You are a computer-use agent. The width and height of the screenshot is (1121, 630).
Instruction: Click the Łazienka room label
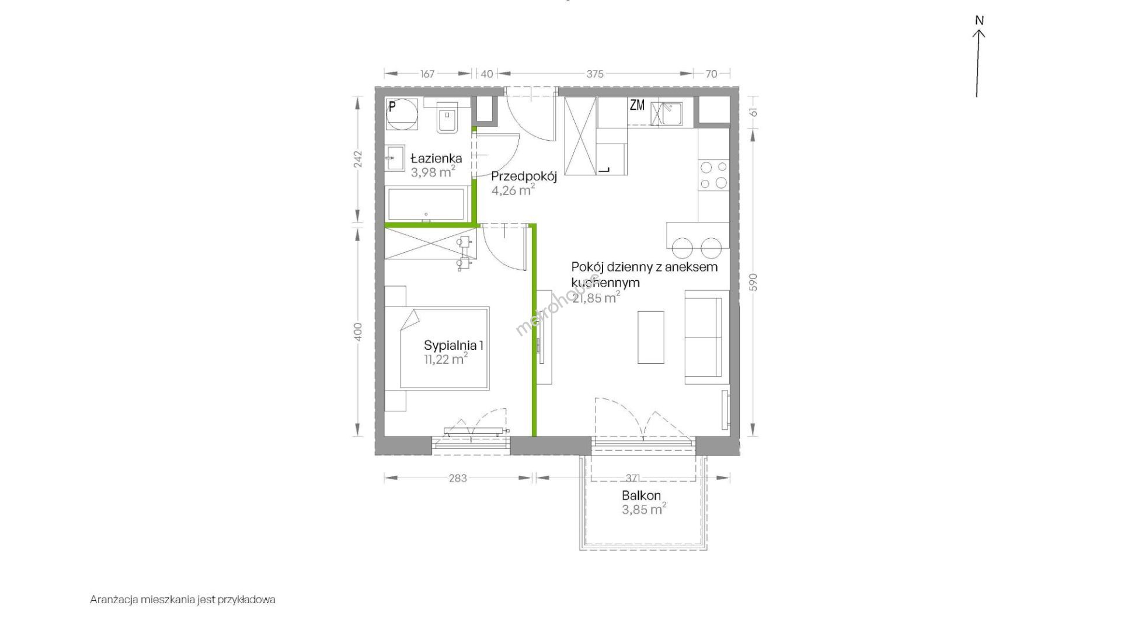(436, 158)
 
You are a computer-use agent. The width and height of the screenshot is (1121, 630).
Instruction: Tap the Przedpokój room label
(524, 176)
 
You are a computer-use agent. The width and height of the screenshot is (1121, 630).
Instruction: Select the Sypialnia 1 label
(454, 345)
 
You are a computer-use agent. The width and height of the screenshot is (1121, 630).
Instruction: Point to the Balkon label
(641, 496)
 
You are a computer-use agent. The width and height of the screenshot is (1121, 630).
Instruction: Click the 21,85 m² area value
(596, 298)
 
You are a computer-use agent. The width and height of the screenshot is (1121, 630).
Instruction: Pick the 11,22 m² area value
(446, 359)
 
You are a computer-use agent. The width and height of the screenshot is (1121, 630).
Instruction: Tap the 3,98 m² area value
(433, 172)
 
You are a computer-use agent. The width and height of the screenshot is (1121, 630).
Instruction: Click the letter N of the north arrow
(979, 20)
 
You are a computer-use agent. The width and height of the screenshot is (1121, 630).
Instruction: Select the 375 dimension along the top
(595, 74)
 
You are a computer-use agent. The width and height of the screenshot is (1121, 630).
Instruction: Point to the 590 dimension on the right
(753, 282)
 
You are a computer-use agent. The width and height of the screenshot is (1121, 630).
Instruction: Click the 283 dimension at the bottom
(458, 478)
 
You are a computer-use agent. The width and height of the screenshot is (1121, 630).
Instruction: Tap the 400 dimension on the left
(358, 332)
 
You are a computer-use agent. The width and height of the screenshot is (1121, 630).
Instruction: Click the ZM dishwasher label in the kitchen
(637, 106)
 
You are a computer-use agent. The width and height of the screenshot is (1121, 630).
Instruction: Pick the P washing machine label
(392, 106)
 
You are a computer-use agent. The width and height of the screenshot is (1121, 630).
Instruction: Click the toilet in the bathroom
(448, 120)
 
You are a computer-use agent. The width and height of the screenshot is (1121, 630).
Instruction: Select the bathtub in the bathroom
(427, 204)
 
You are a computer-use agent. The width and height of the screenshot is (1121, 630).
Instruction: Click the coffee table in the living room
(650, 337)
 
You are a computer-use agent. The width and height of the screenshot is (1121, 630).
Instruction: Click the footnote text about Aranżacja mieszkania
(183, 599)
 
